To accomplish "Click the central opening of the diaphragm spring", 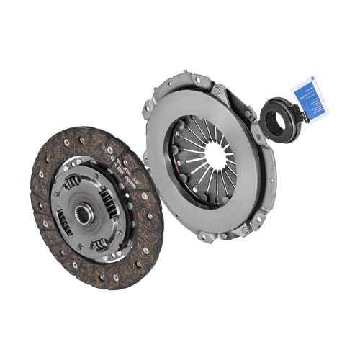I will (x=217, y=153).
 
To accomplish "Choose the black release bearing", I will (x=278, y=117).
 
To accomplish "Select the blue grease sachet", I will (x=310, y=100).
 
